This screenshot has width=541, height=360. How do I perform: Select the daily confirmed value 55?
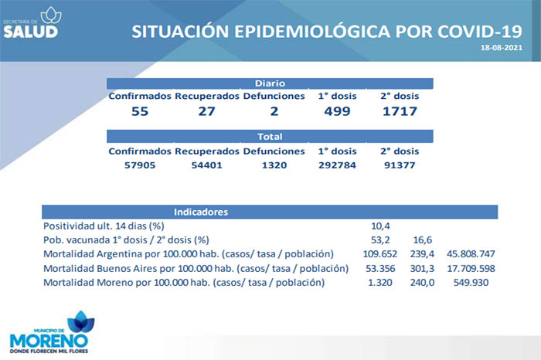point(140,111)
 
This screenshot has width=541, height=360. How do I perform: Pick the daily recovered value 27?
point(206,111)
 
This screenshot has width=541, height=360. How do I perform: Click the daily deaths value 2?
point(274,111)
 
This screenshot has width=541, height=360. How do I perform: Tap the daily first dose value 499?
point(337,111)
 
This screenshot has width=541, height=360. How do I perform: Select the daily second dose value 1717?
point(400,111)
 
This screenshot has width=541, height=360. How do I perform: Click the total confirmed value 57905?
point(140,165)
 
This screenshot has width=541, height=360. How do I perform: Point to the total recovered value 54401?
point(206,165)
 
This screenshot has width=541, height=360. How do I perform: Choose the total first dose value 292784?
point(337,165)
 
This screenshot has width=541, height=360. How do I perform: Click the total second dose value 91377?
point(400,165)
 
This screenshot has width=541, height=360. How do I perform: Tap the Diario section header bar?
point(270,82)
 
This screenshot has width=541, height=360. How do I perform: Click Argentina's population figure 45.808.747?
point(471,254)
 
